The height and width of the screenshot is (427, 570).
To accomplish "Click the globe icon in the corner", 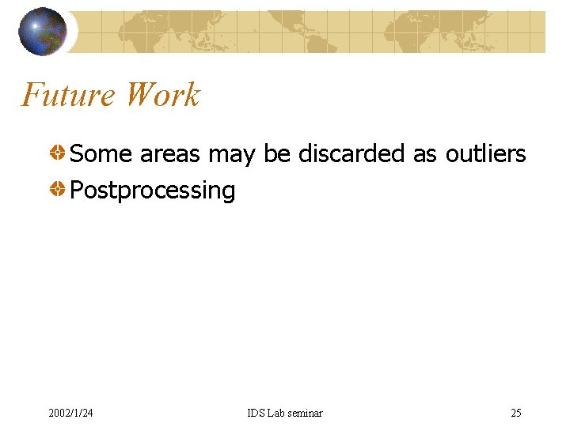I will tap(43, 32).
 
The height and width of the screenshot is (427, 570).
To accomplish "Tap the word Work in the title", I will tap(163, 96).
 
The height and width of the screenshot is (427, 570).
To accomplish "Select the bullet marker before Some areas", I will tap(59, 153).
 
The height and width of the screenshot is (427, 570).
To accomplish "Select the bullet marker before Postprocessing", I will tap(59, 189).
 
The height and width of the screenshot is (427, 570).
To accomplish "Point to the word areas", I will tap(169, 153).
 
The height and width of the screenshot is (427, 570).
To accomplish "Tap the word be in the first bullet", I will tap(277, 153).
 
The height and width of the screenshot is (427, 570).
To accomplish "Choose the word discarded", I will tap(352, 153).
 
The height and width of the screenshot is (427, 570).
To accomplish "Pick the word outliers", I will tap(485, 153).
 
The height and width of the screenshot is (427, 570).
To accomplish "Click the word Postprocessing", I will tap(153, 191).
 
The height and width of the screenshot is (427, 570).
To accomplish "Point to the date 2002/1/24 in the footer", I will tap(70, 413).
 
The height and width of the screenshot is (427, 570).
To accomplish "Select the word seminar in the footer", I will tap(306, 413).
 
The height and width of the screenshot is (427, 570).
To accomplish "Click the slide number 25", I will tap(516, 413).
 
